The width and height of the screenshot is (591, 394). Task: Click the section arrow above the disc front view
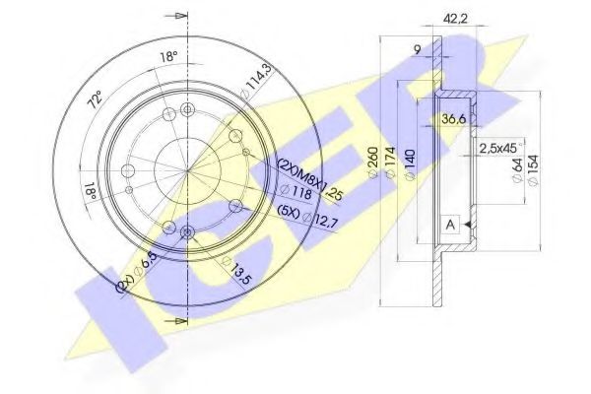[177, 15]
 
